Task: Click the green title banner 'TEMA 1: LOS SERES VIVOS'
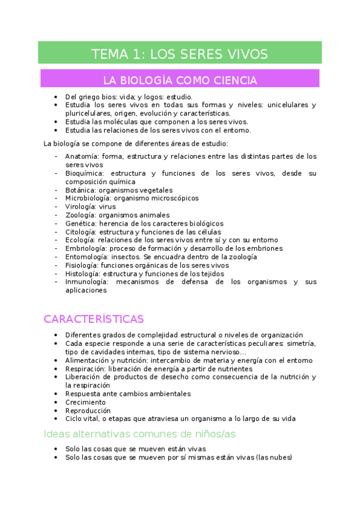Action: point(180,54)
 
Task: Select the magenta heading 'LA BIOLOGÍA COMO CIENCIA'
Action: point(180,80)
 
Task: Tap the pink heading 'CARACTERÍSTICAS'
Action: point(93,319)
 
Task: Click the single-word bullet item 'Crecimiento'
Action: point(85,402)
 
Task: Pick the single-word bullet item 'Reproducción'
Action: point(88,411)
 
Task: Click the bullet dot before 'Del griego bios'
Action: point(56,97)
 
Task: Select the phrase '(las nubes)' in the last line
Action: point(273,457)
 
